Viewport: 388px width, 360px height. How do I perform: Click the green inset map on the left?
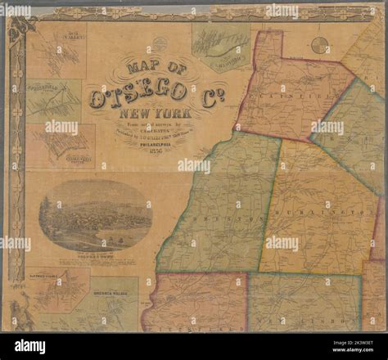pos(56,99)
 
